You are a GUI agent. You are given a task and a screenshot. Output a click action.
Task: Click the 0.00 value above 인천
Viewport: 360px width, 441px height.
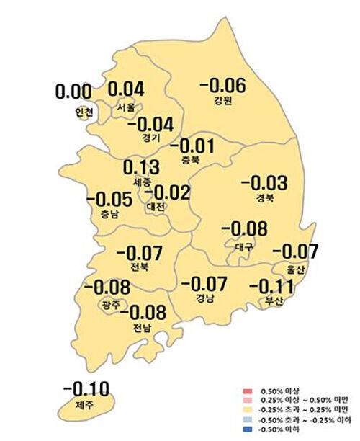73,93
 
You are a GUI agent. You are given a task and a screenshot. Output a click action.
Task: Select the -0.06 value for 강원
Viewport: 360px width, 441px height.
222,85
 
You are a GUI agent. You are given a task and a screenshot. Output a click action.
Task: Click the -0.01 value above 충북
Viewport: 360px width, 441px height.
196,144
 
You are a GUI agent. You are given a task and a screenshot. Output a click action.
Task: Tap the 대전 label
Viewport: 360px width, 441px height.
156,206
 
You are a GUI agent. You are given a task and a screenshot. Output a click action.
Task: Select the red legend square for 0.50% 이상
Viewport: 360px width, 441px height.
246,393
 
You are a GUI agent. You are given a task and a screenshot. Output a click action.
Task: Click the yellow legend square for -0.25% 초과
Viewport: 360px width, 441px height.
246,411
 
